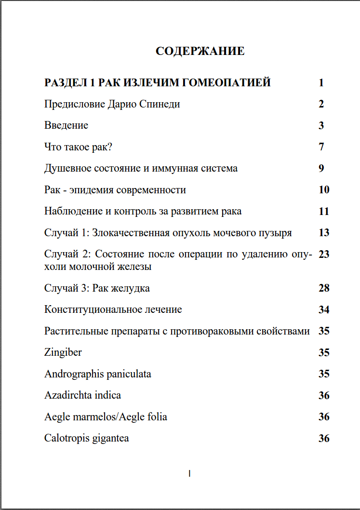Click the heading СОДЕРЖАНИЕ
200,51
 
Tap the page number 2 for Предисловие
321,104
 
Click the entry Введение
66,125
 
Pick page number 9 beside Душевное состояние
321,168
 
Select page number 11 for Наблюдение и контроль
323,211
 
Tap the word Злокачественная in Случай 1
130,233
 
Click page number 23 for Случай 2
323,254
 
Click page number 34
323,309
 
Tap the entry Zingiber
63,352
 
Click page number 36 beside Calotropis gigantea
323,438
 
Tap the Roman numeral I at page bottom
189,474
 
